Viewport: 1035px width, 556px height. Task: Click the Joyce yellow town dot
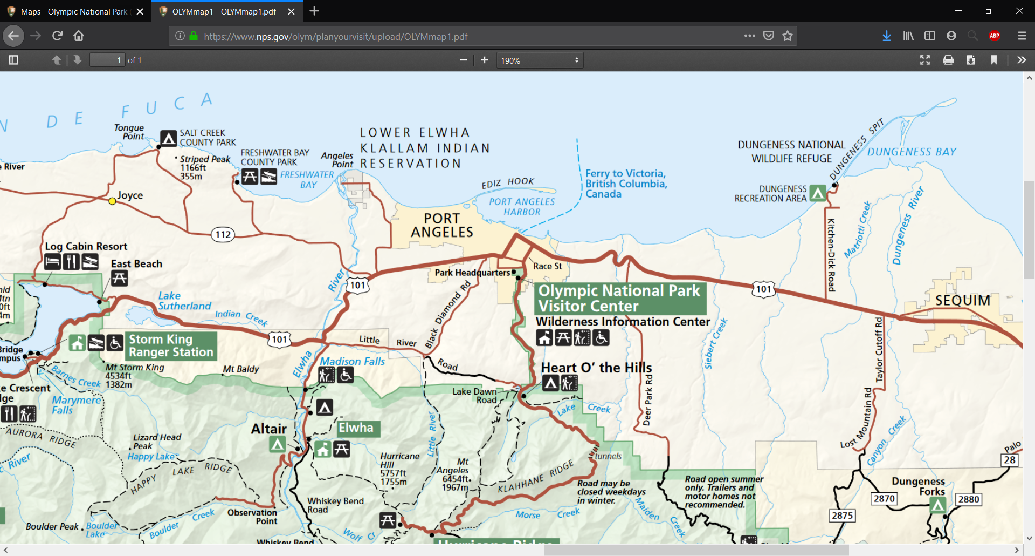[x=112, y=201]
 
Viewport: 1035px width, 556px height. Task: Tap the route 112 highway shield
[x=223, y=234]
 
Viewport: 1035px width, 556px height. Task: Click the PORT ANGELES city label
[x=442, y=226]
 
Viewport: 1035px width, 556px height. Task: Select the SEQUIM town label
[x=963, y=301]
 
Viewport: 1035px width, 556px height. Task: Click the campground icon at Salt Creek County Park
[x=169, y=138]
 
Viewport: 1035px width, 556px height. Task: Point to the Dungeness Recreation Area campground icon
[x=818, y=193]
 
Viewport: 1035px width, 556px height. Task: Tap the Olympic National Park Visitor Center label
[x=619, y=299]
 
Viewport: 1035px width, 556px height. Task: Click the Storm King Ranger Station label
[x=171, y=346]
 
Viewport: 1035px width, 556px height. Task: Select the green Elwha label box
[x=357, y=428]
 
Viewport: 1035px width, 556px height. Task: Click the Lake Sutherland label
[x=184, y=301]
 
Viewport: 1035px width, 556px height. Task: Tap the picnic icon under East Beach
[x=119, y=278]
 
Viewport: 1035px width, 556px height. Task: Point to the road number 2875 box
[x=842, y=516]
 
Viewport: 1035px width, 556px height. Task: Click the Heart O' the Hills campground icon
[x=550, y=383]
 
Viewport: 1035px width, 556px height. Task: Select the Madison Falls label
[x=353, y=361]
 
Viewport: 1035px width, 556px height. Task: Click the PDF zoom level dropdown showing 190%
[x=540, y=60]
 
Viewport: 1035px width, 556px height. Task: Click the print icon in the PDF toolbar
[x=948, y=60]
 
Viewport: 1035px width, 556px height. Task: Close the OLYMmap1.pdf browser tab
[x=291, y=11]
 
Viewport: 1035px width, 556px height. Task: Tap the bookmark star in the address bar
[x=788, y=36]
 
